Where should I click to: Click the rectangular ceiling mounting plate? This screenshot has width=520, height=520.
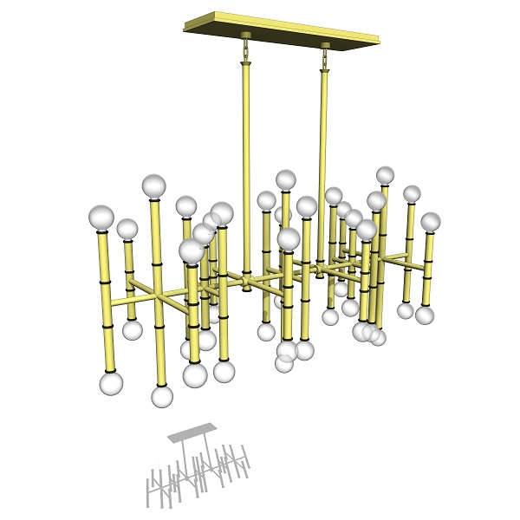(282, 27)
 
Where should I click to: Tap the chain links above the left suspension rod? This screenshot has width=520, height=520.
(245, 49)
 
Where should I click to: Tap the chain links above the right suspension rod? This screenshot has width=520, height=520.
(326, 57)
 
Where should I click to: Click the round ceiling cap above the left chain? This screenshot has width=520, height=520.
(245, 36)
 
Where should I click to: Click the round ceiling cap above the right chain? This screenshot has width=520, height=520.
(326, 46)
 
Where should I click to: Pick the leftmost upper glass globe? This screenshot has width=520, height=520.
(101, 217)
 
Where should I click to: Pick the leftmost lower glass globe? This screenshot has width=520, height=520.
(111, 383)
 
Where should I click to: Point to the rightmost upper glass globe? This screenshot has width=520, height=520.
(431, 222)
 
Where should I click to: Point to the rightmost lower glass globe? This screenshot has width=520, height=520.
(425, 315)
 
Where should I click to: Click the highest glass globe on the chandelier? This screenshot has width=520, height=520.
(385, 175)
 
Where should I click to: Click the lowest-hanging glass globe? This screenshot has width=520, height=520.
(162, 397)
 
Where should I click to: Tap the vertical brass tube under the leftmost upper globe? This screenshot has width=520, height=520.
(104, 277)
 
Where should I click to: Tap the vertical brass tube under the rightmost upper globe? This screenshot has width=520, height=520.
(428, 264)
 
